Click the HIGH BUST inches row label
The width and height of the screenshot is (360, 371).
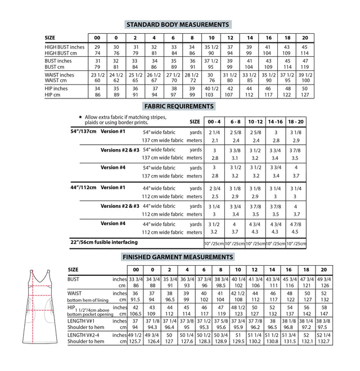pyautogui.click(x=64, y=47)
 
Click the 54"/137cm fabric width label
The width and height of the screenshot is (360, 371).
pyautogui.click(x=83, y=131)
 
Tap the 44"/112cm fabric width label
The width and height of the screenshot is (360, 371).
pyautogui.click(x=83, y=187)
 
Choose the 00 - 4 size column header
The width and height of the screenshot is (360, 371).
pyautogui.click(x=214, y=121)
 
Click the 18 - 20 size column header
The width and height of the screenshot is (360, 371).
pyautogui.click(x=296, y=121)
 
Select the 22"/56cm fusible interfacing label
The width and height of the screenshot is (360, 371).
pyautogui.click(x=103, y=242)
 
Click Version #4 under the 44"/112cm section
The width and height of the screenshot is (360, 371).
pyautogui.click(x=113, y=224)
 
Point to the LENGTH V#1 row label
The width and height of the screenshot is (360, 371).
pyautogui.click(x=82, y=321)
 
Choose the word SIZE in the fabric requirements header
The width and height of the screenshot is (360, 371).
pyautogui.click(x=195, y=121)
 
